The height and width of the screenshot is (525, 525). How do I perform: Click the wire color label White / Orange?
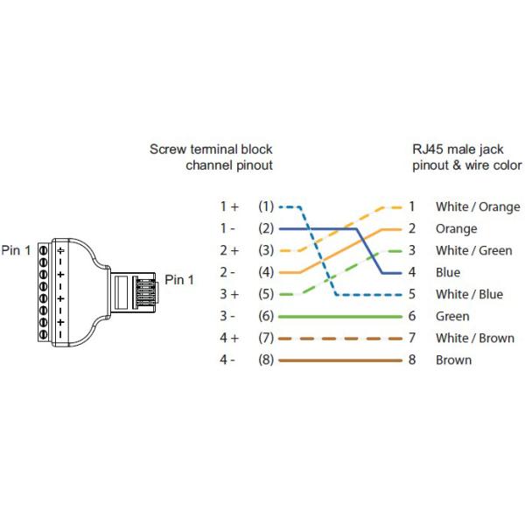[478, 207]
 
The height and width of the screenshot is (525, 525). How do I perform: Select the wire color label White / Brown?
[475, 339]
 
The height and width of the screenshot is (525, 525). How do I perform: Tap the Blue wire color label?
[448, 273]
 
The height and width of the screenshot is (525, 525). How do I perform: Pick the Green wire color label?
[452, 317]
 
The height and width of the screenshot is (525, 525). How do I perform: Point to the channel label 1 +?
[229, 206]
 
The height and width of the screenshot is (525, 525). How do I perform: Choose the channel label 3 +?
[229, 294]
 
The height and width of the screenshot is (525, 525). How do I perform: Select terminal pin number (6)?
[266, 316]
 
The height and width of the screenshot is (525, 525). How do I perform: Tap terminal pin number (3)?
[266, 250]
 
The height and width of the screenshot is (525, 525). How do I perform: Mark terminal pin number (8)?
[266, 360]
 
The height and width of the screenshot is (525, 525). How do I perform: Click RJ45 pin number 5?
[411, 295]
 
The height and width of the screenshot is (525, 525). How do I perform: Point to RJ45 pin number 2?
[411, 229]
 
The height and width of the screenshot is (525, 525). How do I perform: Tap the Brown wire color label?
[453, 360]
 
